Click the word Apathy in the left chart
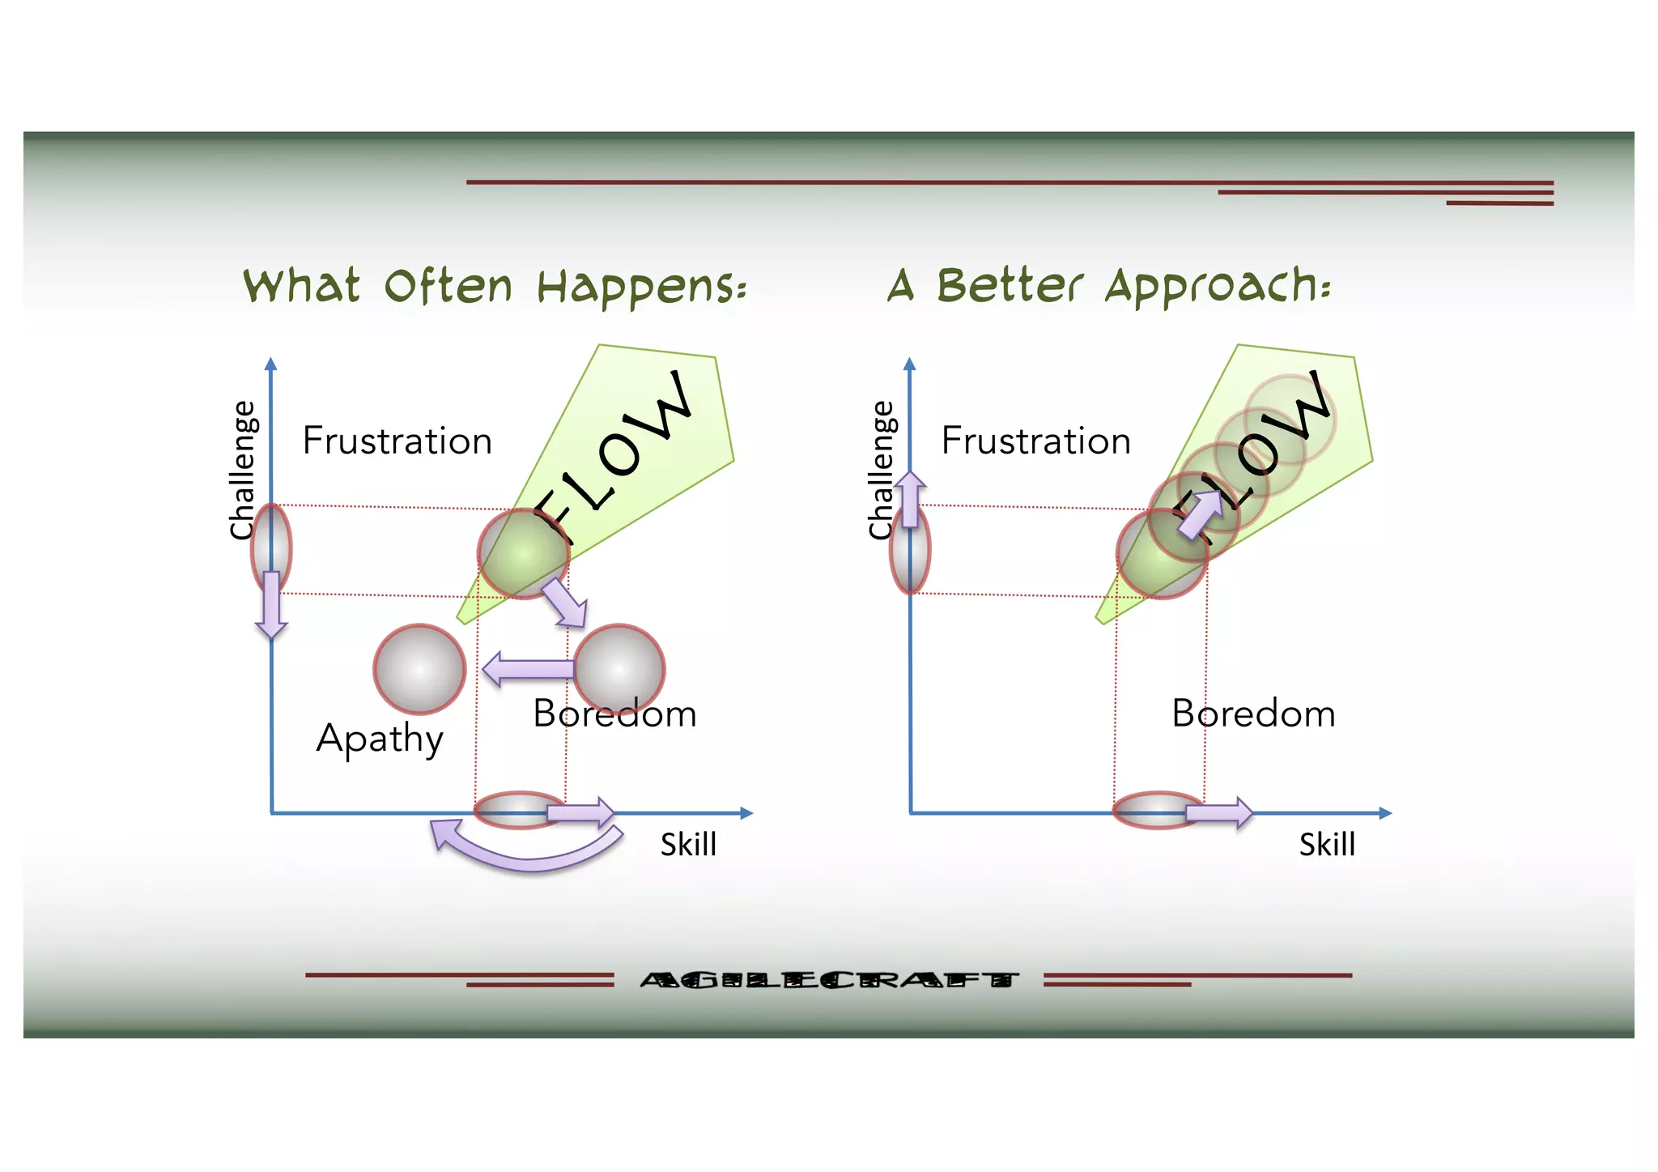point(380,738)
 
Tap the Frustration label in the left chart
point(397,441)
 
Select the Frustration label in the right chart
point(1035,441)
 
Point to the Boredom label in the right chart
point(1253,714)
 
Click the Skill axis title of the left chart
point(688,845)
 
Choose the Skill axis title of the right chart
point(1327,845)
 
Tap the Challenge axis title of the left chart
point(242,470)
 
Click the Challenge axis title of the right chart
point(881,470)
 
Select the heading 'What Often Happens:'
point(495,287)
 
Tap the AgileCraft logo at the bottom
point(828,981)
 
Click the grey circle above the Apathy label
point(419,669)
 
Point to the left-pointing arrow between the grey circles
point(528,669)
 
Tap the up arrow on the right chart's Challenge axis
point(911,498)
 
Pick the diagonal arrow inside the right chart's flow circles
point(1201,514)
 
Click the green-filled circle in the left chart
point(523,554)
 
